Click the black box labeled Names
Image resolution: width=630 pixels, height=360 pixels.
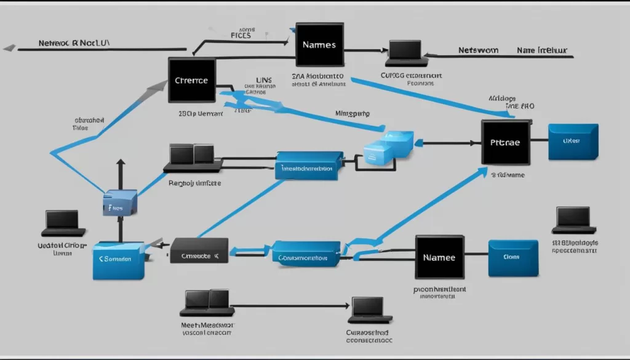(x=319, y=44)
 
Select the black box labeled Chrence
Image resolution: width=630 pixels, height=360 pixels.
(x=192, y=80)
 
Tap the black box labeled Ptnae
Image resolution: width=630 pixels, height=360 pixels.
(x=505, y=142)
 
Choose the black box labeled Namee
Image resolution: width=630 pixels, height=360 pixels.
(x=439, y=257)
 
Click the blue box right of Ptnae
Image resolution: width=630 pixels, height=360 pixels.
(x=572, y=142)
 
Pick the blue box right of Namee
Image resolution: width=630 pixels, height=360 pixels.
(x=513, y=258)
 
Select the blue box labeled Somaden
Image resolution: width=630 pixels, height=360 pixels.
(x=119, y=260)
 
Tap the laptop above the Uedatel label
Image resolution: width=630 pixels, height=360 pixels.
(x=63, y=223)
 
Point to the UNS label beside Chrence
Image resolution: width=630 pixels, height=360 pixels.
(x=263, y=80)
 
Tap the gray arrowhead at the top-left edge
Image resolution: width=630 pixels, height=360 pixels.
(x=9, y=48)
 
